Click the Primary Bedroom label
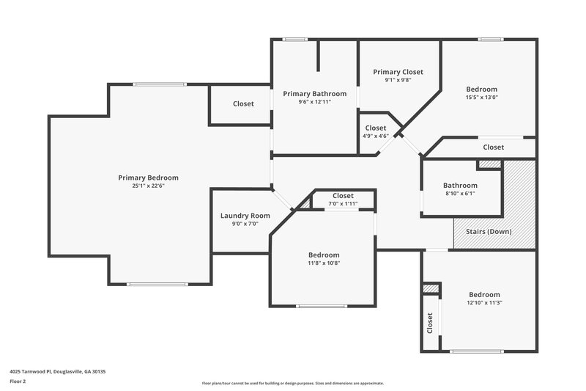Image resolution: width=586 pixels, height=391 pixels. (x=148, y=178)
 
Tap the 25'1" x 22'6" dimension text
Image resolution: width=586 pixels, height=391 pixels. (x=148, y=186)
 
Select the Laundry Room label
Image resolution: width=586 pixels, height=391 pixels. (x=245, y=216)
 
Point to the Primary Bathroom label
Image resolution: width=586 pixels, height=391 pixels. (x=314, y=94)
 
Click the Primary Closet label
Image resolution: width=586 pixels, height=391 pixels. (x=398, y=72)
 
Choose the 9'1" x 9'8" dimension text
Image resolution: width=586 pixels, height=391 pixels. (x=398, y=80)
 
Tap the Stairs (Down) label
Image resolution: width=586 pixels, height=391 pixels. (x=489, y=232)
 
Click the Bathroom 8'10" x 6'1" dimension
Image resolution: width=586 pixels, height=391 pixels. (x=460, y=194)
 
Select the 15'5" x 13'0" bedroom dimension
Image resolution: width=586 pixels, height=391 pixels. (x=481, y=98)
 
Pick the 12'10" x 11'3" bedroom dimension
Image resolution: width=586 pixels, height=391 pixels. (x=484, y=302)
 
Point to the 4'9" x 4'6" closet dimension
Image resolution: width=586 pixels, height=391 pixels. (x=375, y=136)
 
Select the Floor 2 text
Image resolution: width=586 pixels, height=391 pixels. (x=18, y=382)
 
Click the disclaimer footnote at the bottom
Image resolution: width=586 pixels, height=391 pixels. (x=292, y=383)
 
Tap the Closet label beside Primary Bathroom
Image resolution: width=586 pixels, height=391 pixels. (x=243, y=104)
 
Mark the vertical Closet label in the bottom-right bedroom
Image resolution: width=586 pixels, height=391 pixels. (x=429, y=324)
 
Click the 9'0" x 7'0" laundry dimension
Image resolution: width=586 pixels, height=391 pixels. (x=245, y=224)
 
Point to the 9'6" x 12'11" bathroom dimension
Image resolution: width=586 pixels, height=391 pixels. (x=314, y=102)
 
